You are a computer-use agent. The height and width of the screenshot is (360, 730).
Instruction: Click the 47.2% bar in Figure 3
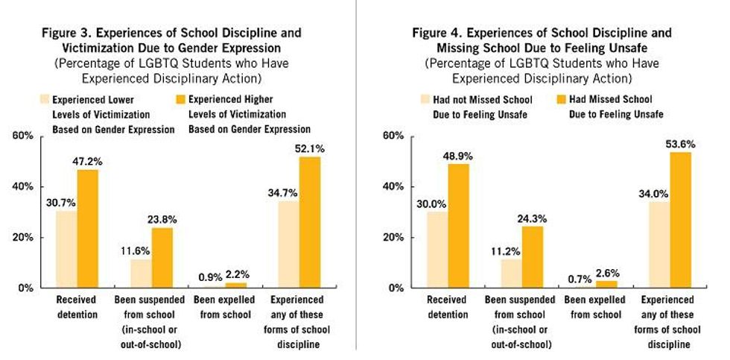88,228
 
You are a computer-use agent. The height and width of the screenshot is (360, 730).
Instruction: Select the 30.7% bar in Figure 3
67,249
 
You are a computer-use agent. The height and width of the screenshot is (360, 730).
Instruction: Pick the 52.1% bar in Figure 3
308,222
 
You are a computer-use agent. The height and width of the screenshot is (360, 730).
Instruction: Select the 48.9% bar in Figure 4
458,226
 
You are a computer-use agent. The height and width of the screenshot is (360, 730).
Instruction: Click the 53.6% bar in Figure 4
679,220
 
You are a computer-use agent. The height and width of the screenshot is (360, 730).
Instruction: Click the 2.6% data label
607,273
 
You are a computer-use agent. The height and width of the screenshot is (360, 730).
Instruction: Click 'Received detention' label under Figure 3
77,306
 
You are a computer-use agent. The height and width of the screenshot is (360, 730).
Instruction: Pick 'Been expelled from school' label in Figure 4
593,306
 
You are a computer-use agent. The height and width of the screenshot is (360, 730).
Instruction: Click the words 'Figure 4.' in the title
436,33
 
